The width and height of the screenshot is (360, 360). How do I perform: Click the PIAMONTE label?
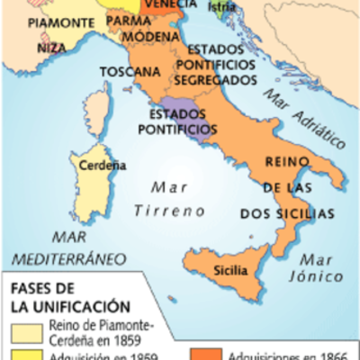point(53,20)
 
